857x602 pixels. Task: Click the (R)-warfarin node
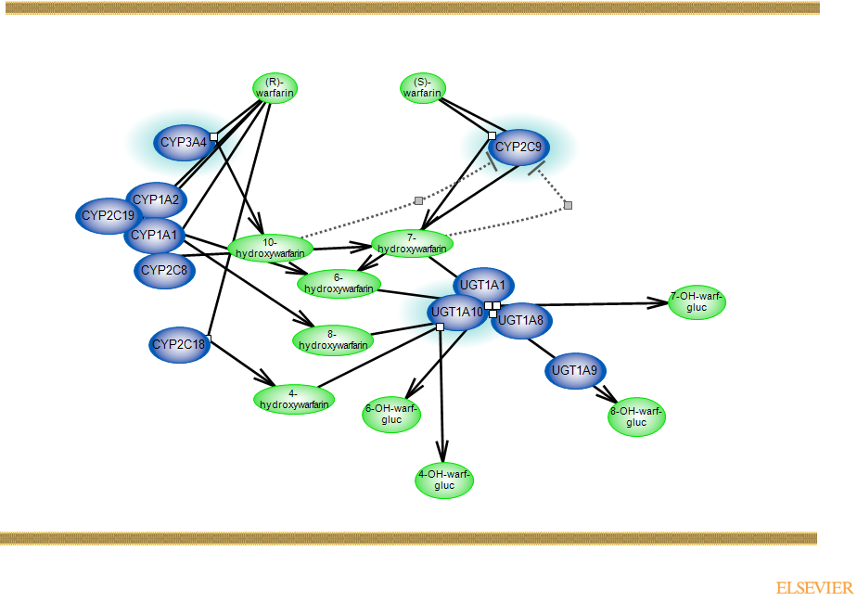[x=275, y=88]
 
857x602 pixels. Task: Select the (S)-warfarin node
[x=422, y=88]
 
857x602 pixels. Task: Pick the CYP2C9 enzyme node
[x=519, y=147]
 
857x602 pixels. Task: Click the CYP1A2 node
[x=155, y=199]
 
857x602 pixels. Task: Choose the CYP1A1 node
[x=153, y=236]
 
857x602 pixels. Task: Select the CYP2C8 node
[x=164, y=270]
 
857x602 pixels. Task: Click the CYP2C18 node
[x=178, y=345]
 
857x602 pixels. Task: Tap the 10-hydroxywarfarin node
[x=270, y=249]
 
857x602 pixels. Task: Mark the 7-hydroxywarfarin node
[x=412, y=244]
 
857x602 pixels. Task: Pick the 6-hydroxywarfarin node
[x=339, y=284]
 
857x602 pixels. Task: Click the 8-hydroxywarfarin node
[x=333, y=340]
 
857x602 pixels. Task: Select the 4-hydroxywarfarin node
[x=294, y=399]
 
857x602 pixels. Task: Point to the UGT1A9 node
[x=575, y=371]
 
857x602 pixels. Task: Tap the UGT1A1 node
[x=483, y=285]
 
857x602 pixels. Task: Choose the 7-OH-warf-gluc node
[x=697, y=301]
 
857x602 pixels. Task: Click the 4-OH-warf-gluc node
[x=444, y=480]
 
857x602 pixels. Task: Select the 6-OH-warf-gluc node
[x=391, y=415]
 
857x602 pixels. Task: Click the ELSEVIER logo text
[x=814, y=588]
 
